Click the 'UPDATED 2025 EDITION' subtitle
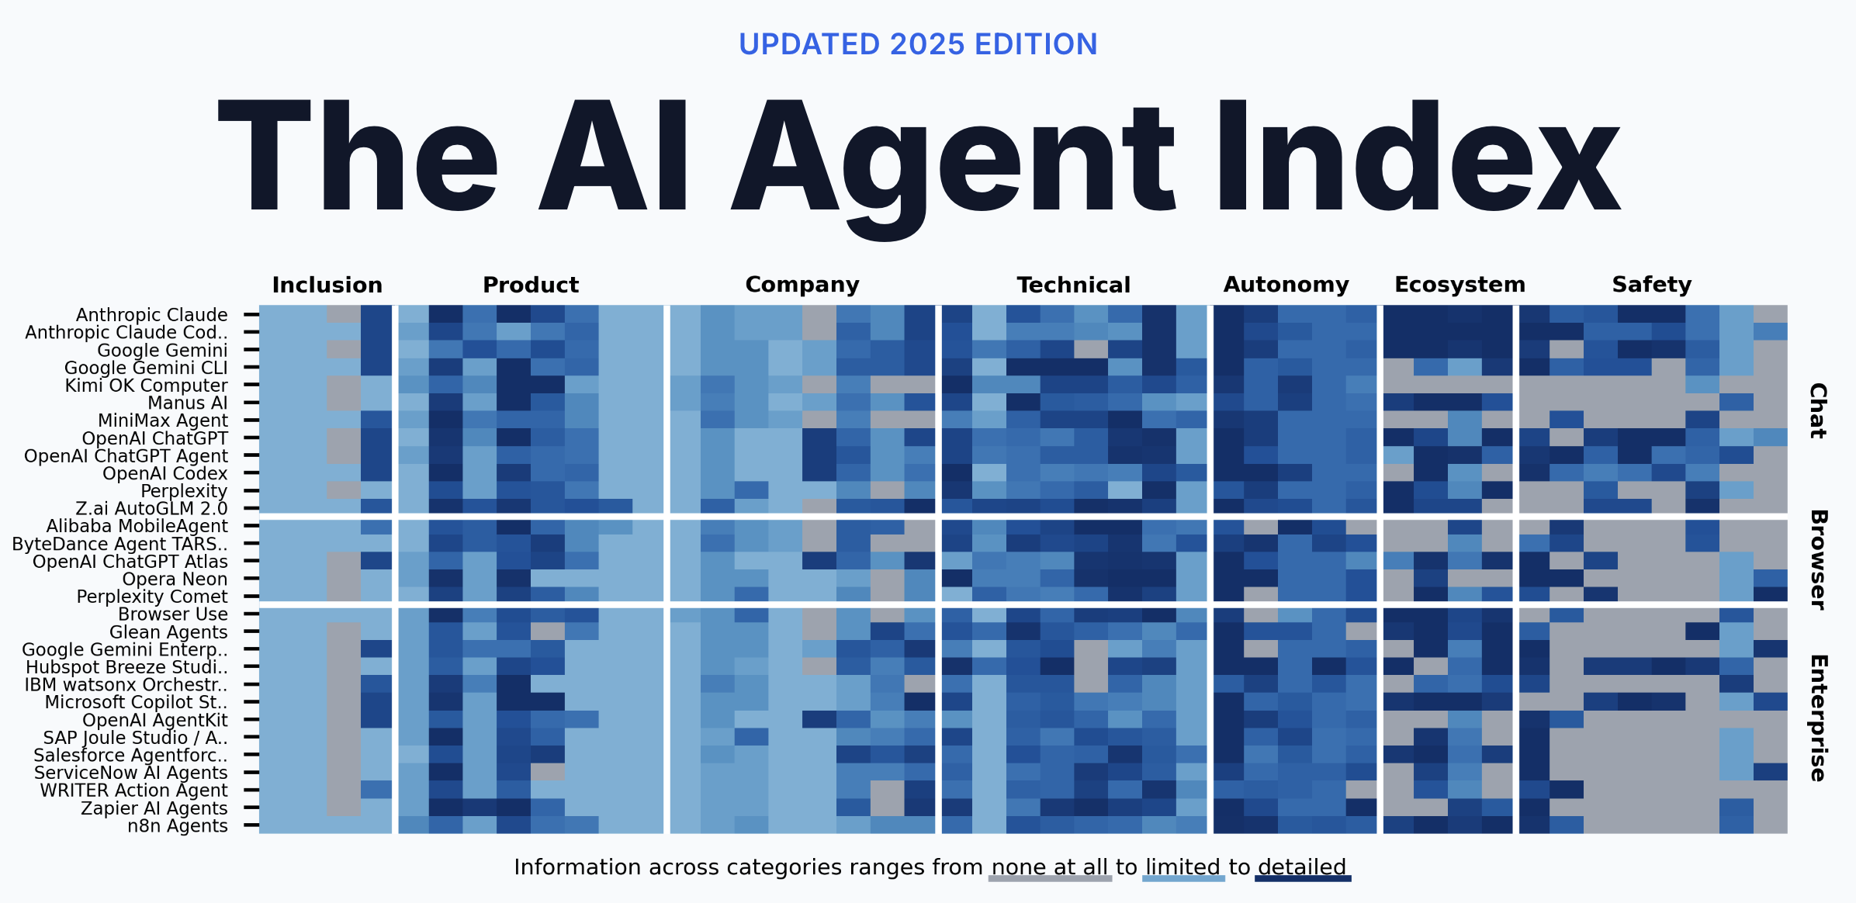pyautogui.click(x=918, y=45)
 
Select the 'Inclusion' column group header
pyautogui.click(x=327, y=285)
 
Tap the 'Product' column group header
pyautogui.click(x=531, y=285)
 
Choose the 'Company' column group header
pyautogui.click(x=802, y=285)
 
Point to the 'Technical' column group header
pyautogui.click(x=1074, y=285)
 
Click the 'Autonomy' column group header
pyautogui.click(x=1286, y=285)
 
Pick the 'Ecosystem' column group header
pyautogui.click(x=1460, y=285)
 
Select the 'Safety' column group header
pyautogui.click(x=1652, y=285)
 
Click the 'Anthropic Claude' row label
pyautogui.click(x=152, y=315)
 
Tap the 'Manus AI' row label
pyautogui.click(x=188, y=403)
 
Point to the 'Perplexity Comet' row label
pyautogui.click(x=152, y=597)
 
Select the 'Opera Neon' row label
pyautogui.click(x=175, y=580)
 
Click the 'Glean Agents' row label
pyautogui.click(x=168, y=632)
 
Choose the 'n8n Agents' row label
pyautogui.click(x=178, y=826)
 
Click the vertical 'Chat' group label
pyautogui.click(x=1818, y=410)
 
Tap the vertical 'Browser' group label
pyautogui.click(x=1818, y=559)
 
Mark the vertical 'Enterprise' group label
pyautogui.click(x=1818, y=718)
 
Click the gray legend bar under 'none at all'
pyautogui.click(x=1050, y=879)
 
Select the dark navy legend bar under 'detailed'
pyautogui.click(x=1303, y=879)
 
